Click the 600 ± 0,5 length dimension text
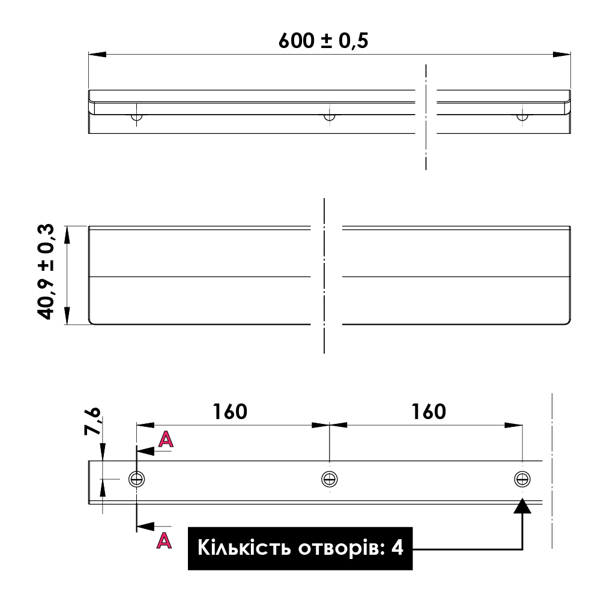(x=323, y=41)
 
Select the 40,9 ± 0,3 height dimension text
(x=46, y=272)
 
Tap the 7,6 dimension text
(x=92, y=421)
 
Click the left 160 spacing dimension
(x=230, y=412)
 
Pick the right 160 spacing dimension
(x=429, y=412)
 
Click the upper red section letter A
(x=166, y=439)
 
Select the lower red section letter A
(x=165, y=540)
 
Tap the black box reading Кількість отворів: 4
(x=300, y=548)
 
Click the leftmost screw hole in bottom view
(x=136, y=479)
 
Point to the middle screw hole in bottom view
(x=329, y=479)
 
